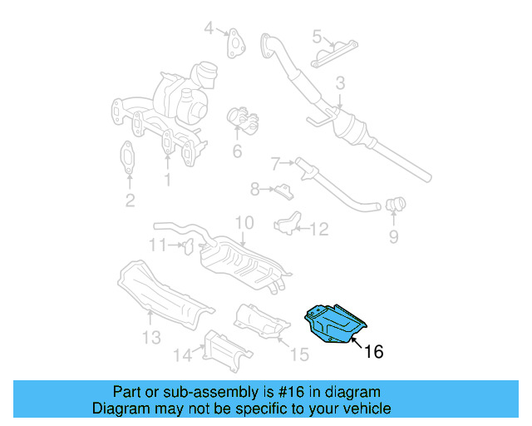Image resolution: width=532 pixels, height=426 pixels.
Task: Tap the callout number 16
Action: [x=374, y=352]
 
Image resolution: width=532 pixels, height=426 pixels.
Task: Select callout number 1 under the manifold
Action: [x=167, y=179]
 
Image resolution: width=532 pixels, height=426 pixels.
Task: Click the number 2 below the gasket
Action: [x=130, y=200]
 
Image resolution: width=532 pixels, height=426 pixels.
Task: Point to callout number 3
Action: [x=339, y=83]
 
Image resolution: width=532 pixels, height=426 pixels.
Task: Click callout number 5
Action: [x=317, y=36]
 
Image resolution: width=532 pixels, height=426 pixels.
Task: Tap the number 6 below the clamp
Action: [x=237, y=151]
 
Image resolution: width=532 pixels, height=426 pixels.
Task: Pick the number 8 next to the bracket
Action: [x=255, y=190]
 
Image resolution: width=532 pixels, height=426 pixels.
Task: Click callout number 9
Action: [x=393, y=237]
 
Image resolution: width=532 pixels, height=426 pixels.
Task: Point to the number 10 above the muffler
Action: [x=243, y=223]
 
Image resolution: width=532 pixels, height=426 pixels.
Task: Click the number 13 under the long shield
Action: [x=150, y=337]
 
